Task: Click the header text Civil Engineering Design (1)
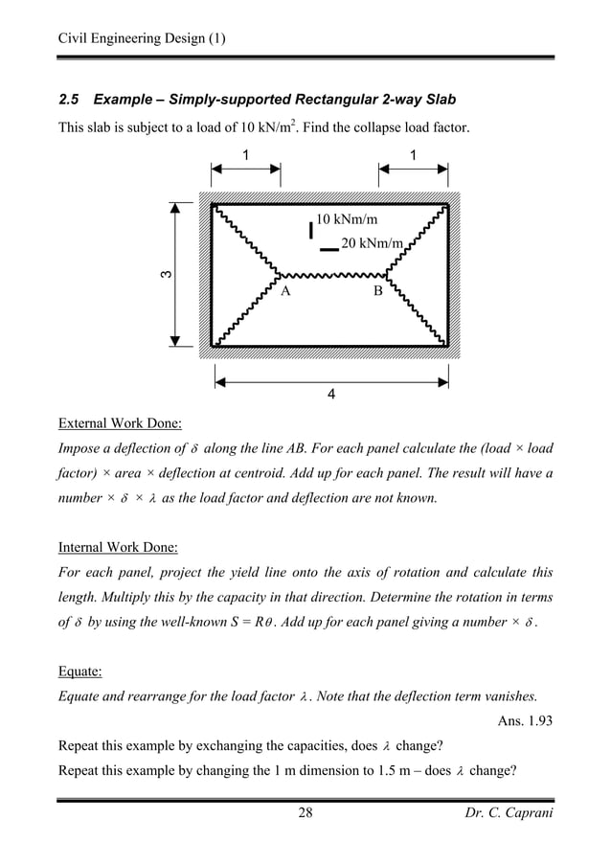[x=141, y=38]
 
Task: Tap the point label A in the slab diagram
[x=284, y=288]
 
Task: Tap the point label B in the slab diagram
[x=376, y=288]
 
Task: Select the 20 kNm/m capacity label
[x=371, y=242]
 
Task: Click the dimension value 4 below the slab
[x=330, y=393]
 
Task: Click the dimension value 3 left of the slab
[x=166, y=277]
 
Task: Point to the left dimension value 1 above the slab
[x=245, y=154]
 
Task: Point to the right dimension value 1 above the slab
[x=413, y=154]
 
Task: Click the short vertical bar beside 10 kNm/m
[x=310, y=230]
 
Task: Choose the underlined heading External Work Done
[x=121, y=423]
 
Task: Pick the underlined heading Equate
[x=80, y=674]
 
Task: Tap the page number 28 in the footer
[x=305, y=814]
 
